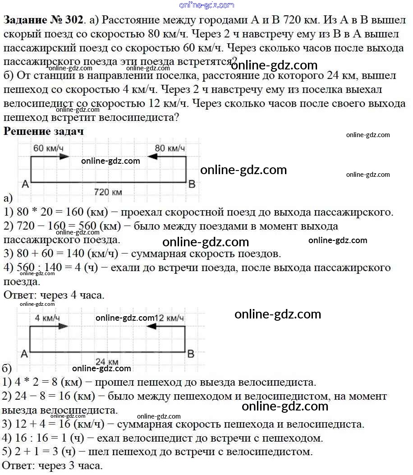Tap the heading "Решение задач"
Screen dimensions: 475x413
pos(44,131)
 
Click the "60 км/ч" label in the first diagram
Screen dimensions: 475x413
pos(48,148)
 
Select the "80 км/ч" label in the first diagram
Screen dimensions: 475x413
pos(170,148)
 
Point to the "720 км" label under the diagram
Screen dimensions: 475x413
pos(108,192)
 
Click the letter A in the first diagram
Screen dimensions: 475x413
pos(25,184)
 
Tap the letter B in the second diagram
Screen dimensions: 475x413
pos(191,354)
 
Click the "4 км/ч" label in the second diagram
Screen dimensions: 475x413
pos(47,318)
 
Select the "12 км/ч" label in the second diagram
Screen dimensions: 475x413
pos(170,318)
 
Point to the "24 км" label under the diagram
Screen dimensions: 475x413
pos(107,362)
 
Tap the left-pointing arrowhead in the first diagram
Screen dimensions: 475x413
pos(152,157)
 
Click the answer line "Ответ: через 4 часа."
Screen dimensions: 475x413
pos(54,295)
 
